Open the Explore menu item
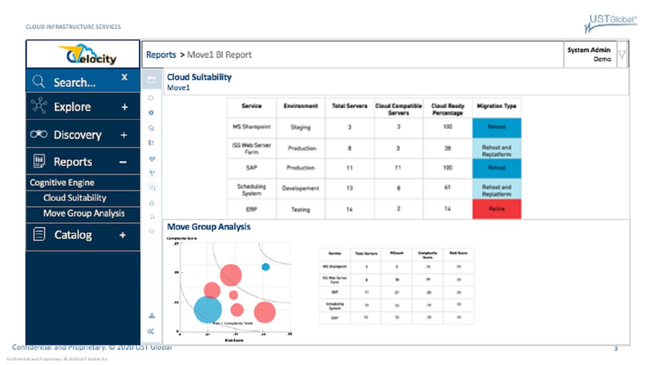click(x=73, y=107)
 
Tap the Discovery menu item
click(x=78, y=135)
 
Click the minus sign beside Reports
click(x=123, y=162)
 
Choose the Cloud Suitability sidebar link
click(x=75, y=198)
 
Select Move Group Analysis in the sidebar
click(x=84, y=213)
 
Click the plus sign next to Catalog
click(x=123, y=235)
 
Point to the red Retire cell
click(x=496, y=209)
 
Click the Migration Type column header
click(x=496, y=106)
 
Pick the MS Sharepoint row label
click(x=251, y=127)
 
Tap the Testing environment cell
click(x=300, y=209)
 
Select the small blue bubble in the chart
click(x=265, y=267)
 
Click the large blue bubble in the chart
click(x=208, y=309)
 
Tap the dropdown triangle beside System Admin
click(x=622, y=55)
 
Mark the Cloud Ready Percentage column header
click(x=447, y=108)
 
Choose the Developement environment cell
click(x=300, y=188)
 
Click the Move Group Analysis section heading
click(x=209, y=227)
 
